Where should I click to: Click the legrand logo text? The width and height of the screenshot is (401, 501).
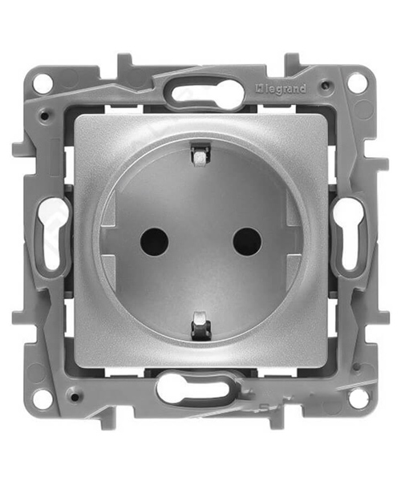(281, 89)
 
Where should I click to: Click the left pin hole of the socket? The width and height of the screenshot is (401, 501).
(154, 241)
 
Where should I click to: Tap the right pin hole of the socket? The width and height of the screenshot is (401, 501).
(246, 241)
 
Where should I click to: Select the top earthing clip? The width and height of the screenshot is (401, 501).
(200, 156)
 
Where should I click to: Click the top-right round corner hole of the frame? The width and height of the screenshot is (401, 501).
(357, 80)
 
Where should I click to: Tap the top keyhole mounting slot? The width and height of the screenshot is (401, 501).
(204, 94)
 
